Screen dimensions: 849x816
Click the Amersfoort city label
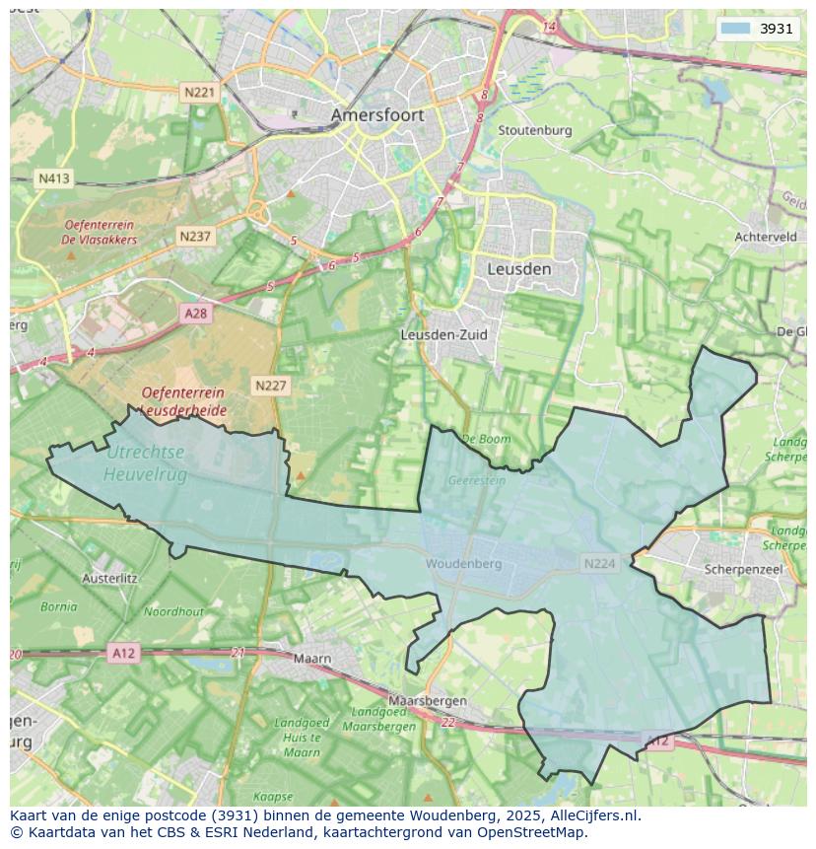tap(377, 115)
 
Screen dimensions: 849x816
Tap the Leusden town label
tap(519, 268)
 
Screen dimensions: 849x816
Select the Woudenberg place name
tap(463, 564)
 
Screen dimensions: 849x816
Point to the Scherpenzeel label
tap(743, 569)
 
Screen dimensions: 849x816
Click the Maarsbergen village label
tap(427, 700)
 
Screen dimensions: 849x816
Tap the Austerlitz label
tap(109, 578)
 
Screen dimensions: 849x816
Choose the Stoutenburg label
tap(534, 130)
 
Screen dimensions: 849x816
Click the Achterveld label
tap(766, 237)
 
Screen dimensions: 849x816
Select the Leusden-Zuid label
tap(443, 334)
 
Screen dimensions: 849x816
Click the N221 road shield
tap(199, 92)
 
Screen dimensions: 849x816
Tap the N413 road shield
tap(53, 178)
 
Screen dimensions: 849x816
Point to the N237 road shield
tap(195, 237)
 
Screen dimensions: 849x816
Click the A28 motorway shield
tap(196, 313)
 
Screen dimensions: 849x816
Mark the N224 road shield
tap(599, 564)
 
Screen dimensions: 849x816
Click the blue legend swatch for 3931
tap(735, 29)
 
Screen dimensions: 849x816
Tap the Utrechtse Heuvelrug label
tap(145, 462)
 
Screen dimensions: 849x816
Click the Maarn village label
tap(312, 658)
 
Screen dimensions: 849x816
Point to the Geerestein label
tap(476, 481)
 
